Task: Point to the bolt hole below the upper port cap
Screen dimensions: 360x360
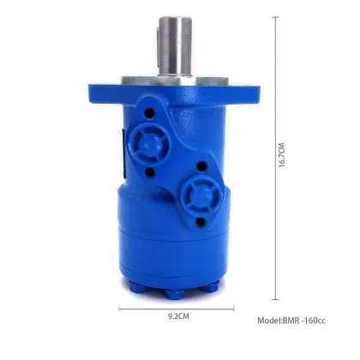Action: (151, 171)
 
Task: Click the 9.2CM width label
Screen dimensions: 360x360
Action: (177, 315)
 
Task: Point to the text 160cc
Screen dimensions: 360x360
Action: (315, 321)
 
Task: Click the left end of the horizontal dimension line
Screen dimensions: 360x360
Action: (119, 307)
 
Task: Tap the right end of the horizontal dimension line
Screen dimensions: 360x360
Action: (234, 307)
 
